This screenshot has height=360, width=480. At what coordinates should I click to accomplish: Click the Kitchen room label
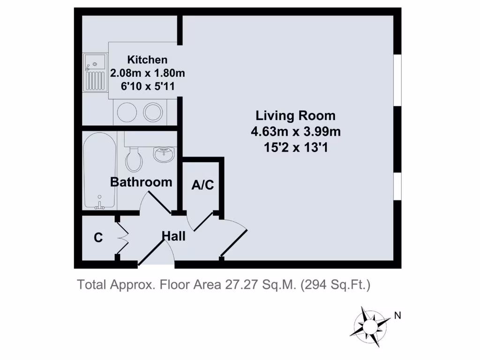147,60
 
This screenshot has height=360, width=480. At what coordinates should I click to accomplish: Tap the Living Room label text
295,115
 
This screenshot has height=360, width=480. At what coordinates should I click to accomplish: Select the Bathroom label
141,182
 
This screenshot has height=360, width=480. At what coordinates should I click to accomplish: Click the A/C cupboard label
202,185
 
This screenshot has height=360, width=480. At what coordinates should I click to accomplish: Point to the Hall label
173,236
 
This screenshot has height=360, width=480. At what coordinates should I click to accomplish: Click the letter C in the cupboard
98,238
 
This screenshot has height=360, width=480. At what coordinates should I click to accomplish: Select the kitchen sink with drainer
96,73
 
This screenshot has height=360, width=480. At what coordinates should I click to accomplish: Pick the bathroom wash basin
164,154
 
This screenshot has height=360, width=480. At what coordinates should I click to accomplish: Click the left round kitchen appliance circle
126,112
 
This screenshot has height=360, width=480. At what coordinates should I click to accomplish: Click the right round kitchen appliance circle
153,112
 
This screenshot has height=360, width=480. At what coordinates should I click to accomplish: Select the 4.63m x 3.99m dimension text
295,132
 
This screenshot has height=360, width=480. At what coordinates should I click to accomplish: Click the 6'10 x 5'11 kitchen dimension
147,86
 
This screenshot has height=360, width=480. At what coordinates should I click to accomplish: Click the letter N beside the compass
397,315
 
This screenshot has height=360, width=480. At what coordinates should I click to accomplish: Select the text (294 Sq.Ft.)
336,285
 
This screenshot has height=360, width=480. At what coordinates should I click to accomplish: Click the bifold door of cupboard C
123,238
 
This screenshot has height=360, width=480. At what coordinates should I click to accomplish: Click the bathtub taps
99,204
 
